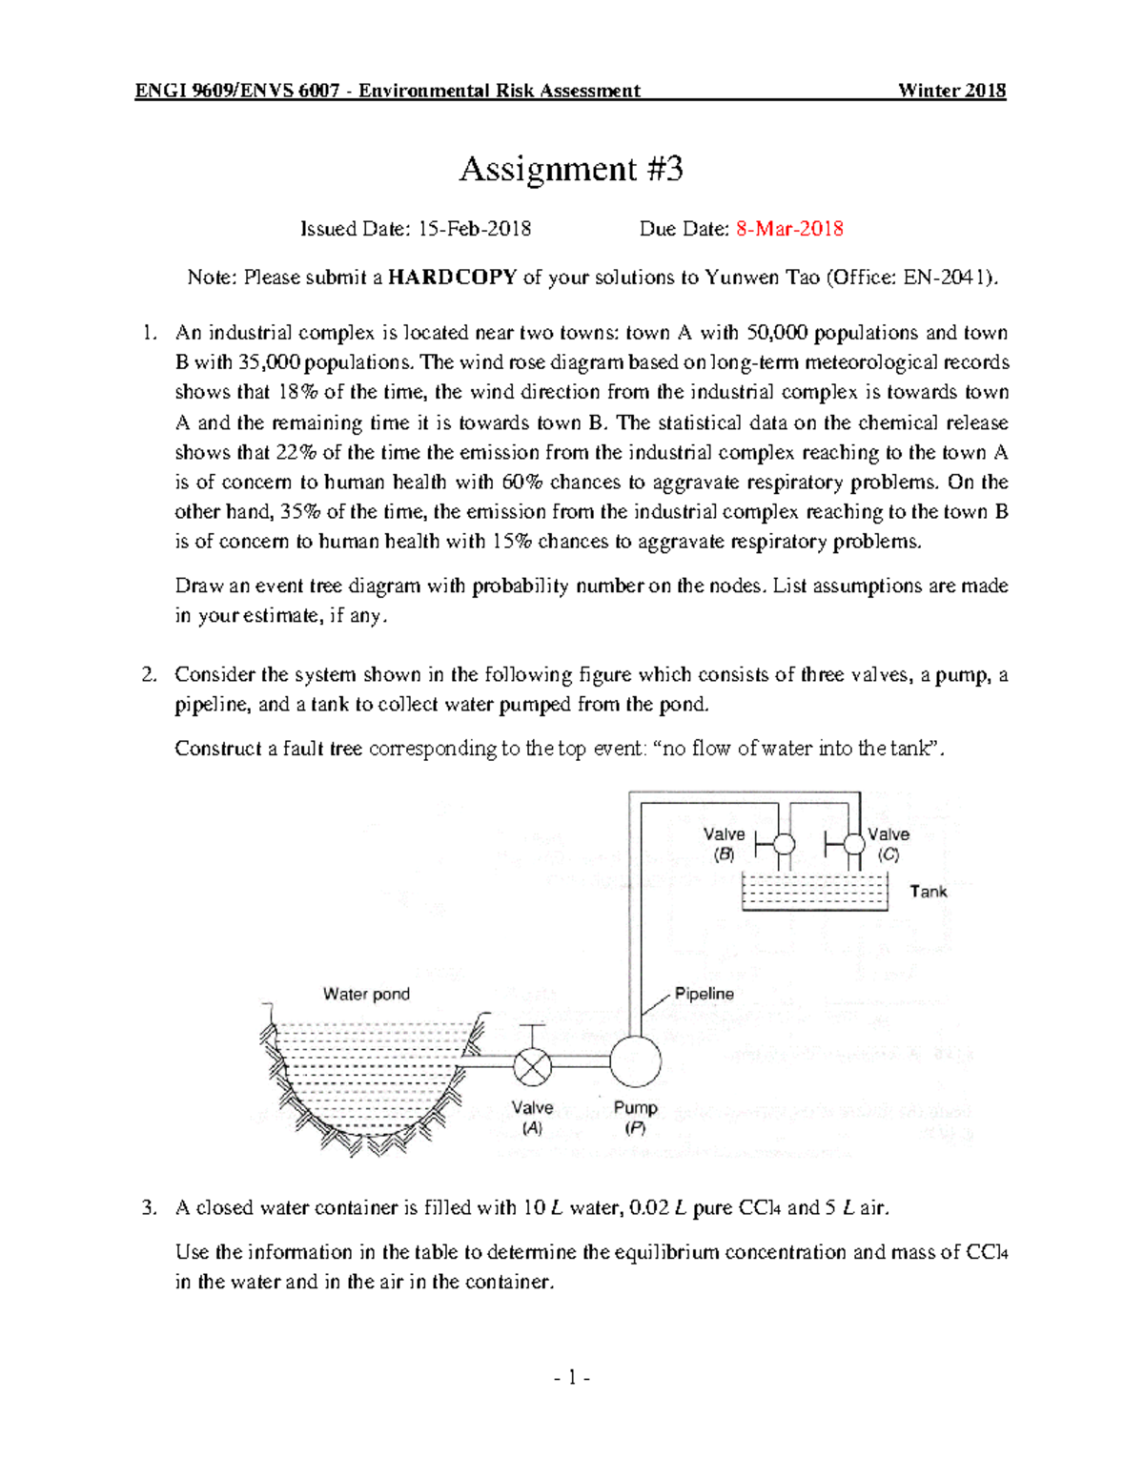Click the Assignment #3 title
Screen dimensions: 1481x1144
tap(571, 170)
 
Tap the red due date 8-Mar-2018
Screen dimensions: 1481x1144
tap(789, 229)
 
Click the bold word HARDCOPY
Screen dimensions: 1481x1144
tap(453, 278)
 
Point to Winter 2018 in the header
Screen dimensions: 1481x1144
tap(951, 91)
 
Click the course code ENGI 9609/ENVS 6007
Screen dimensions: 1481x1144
tap(237, 91)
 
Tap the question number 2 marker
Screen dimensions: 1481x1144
tap(148, 675)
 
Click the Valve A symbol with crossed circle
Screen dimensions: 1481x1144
tap(532, 1066)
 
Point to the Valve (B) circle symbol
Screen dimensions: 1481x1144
tap(783, 844)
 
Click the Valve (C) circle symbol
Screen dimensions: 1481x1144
tap(853, 844)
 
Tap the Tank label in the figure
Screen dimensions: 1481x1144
tap(928, 892)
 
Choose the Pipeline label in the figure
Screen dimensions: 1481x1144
tap(704, 994)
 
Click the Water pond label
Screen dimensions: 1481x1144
tap(366, 994)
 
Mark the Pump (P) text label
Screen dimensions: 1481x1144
tap(635, 1118)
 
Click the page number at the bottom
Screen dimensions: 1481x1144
tap(572, 1377)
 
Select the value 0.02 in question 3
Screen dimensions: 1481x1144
tap(649, 1208)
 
